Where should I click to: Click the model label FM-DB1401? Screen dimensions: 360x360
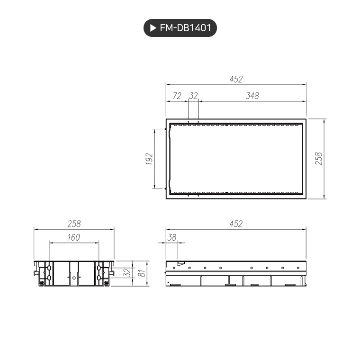coord(185,28)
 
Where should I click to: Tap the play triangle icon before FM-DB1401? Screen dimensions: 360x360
coord(153,28)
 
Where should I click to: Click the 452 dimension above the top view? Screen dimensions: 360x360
coord(236,80)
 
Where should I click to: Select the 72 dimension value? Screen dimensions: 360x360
coord(177,96)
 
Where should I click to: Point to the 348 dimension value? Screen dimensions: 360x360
coord(252,96)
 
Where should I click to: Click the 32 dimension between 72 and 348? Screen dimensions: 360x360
coord(193,96)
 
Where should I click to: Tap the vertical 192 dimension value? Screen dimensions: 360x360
coord(149,159)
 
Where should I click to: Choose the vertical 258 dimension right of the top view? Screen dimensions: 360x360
coord(319,159)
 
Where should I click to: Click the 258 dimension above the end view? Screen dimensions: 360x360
coord(74,224)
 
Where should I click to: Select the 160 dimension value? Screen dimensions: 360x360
coord(74,238)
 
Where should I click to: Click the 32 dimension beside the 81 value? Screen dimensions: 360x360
coord(126,273)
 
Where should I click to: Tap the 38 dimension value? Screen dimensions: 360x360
coord(171,238)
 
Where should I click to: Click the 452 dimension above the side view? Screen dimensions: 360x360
coord(236,224)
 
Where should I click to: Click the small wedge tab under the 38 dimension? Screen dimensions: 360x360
coord(180,263)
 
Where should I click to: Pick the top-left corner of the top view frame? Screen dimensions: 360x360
coord(166,119)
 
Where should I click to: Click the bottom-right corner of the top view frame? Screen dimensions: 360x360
coord(306,198)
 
